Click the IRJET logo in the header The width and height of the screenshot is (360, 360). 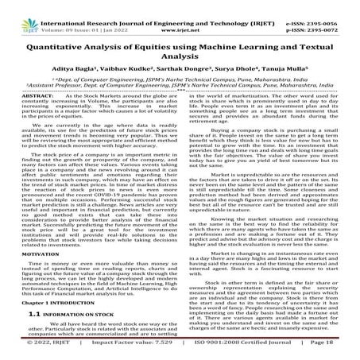point(24,15)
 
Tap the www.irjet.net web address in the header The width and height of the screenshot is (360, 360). point(180,20)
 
